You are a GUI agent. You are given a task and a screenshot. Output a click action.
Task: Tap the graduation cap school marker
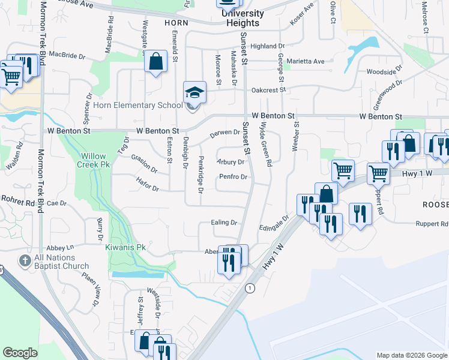pos(194,93)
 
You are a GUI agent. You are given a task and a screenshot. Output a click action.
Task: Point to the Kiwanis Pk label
pos(125,247)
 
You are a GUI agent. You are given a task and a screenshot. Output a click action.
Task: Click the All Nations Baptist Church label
pos(61,262)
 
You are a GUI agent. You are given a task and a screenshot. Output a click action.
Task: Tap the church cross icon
pos(24,261)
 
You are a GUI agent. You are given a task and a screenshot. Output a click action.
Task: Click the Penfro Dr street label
pos(234,177)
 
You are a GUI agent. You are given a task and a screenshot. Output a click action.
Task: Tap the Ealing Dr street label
pos(224,223)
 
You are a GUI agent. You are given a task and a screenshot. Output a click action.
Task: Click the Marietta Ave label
pos(305,61)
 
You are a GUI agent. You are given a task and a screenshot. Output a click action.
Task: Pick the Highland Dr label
pos(268,46)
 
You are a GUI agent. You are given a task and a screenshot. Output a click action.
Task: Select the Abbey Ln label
pos(61,247)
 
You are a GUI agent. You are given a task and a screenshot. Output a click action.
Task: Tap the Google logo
pos(20,353)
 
